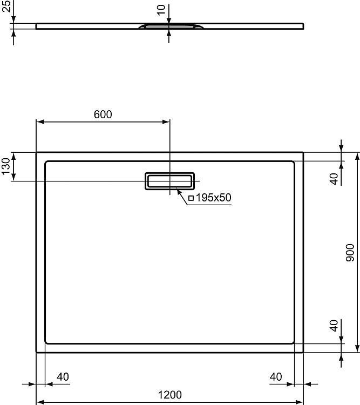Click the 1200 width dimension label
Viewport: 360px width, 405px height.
[x=169, y=395]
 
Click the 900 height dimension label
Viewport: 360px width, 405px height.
[x=350, y=252]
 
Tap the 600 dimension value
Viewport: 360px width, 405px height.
[x=103, y=114]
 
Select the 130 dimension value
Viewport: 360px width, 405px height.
[x=5, y=166]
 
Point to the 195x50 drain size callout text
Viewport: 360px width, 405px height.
[x=214, y=198]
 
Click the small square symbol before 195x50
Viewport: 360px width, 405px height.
[x=191, y=198]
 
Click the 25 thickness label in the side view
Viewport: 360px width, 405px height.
[x=6, y=6]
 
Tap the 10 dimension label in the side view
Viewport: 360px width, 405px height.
[x=161, y=10]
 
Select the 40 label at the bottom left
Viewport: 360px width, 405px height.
[x=63, y=377]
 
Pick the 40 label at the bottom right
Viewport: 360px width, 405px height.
[x=276, y=377]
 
